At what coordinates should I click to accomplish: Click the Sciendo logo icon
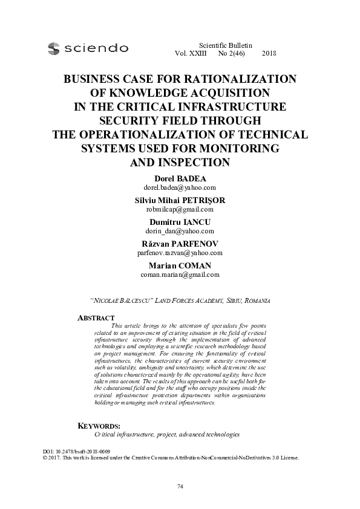pos(54,47)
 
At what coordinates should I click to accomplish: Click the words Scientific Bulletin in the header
pos(225,45)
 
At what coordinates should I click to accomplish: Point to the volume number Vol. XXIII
pos(190,54)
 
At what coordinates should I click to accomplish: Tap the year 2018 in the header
pos(269,54)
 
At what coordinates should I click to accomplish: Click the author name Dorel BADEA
pos(180,179)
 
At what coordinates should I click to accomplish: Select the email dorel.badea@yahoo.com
pos(180,187)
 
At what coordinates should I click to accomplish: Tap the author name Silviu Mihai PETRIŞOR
pos(180,200)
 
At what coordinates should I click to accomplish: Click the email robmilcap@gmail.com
pos(180,209)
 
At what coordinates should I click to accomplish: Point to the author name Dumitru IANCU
pos(180,222)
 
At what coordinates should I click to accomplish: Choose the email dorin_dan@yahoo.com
pos(180,230)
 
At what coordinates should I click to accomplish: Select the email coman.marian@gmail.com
pos(180,274)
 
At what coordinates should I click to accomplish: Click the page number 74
pos(180,487)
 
